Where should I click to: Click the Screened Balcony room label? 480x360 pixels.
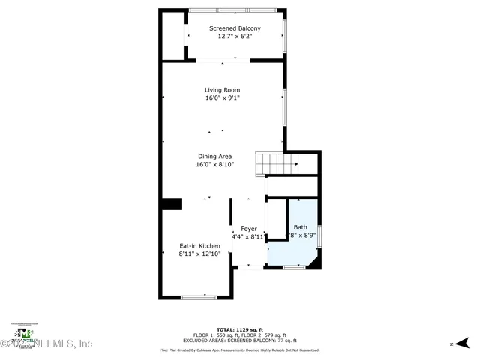235,28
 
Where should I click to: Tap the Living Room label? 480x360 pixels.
223,90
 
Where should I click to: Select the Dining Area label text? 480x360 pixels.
214,156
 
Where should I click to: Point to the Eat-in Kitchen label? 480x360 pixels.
199,245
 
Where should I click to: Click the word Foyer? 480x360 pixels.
249,229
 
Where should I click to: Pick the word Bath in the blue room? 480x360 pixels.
300,227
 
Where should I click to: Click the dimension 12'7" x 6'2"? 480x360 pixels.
235,36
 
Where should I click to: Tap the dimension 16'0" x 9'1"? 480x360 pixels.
223,97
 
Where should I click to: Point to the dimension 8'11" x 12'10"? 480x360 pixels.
199,253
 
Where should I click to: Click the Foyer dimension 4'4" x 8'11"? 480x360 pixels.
248,236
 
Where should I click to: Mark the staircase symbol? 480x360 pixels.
277,161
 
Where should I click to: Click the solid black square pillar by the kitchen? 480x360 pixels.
172,204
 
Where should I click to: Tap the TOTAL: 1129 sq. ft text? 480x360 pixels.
239,329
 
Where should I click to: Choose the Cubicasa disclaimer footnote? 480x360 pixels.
239,349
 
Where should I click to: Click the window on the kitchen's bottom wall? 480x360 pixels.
199,297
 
